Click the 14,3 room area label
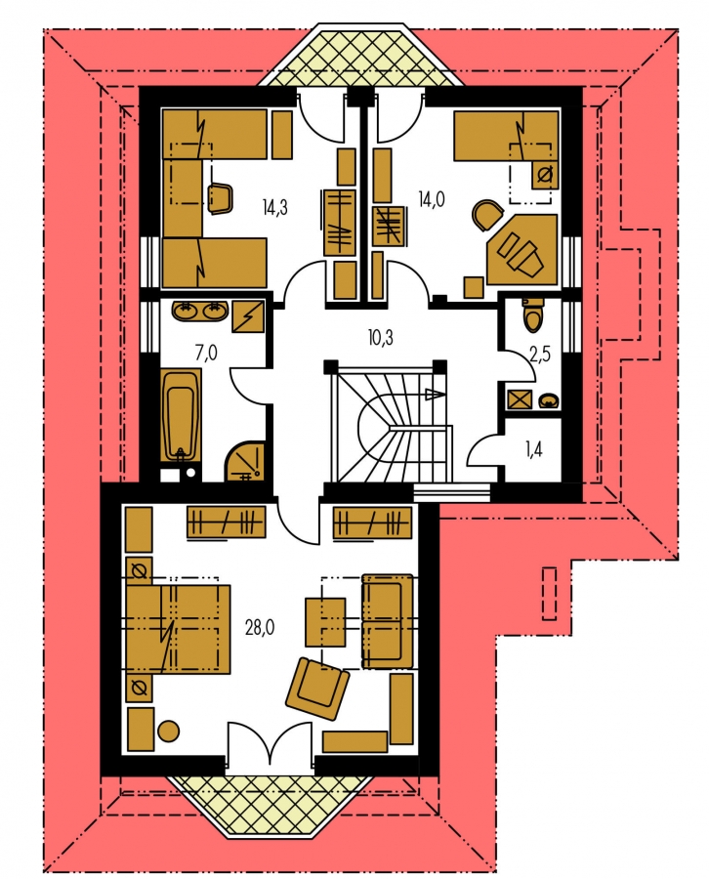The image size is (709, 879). click(x=274, y=208)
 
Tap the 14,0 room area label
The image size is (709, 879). click(x=432, y=198)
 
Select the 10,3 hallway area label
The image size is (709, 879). click(x=381, y=338)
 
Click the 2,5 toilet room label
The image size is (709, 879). click(x=540, y=354)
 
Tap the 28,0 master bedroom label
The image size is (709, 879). click(x=260, y=627)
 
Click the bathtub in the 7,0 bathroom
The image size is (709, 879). click(x=181, y=415)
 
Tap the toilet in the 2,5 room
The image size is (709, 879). click(x=531, y=315)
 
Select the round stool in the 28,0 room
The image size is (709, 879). click(x=168, y=732)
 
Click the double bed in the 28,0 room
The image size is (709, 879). click(x=179, y=628)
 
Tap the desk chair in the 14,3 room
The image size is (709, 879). click(x=221, y=199)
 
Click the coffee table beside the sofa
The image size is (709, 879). click(x=325, y=622)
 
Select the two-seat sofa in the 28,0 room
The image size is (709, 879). click(x=388, y=621)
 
